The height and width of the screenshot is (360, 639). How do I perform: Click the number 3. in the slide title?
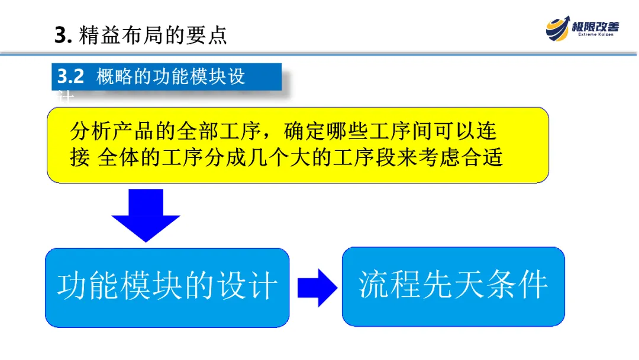tap(62, 36)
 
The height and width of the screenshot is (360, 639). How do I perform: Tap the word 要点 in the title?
tap(208, 36)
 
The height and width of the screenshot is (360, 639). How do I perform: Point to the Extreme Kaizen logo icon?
tap(558, 27)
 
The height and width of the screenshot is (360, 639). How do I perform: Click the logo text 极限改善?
tap(595, 26)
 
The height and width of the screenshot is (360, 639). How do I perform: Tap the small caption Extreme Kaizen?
tap(595, 35)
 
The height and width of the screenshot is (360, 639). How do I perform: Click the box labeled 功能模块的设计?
tap(167, 287)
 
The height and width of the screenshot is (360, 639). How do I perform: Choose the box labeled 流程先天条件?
tap(453, 286)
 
